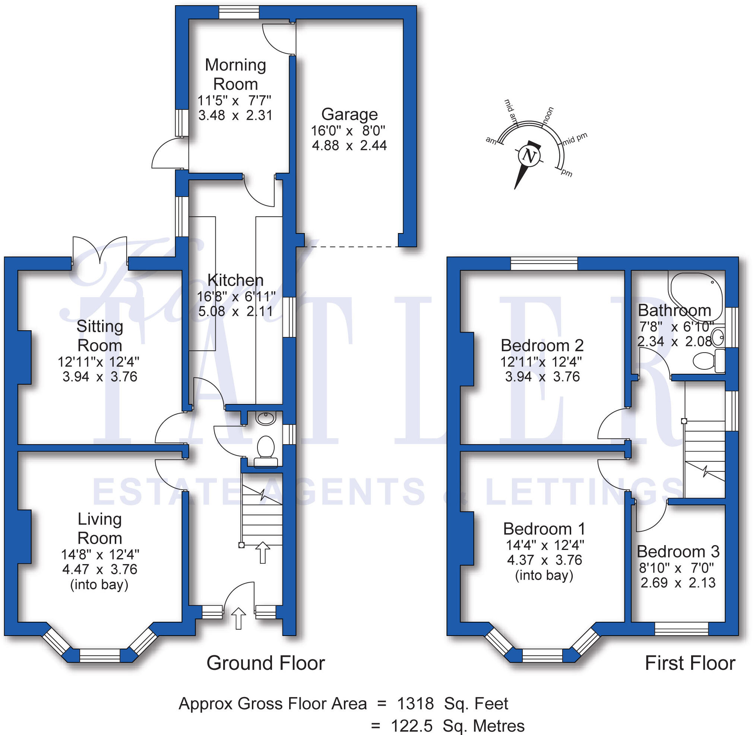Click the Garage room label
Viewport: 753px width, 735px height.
[349, 114]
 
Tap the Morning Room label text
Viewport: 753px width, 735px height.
[235, 74]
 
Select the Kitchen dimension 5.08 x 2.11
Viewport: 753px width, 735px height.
[235, 311]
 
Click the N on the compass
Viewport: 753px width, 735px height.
[529, 156]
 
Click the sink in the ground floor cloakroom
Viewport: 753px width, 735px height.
[266, 418]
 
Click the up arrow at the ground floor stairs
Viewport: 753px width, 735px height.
[262, 553]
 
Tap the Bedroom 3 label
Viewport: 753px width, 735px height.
[678, 551]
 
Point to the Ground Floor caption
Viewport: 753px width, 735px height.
[265, 663]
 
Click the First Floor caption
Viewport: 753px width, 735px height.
[690, 663]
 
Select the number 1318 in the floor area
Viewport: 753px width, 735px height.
[415, 704]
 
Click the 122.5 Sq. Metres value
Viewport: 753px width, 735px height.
[458, 726]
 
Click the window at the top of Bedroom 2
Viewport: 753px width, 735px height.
[544, 264]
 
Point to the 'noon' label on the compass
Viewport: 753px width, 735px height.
[548, 115]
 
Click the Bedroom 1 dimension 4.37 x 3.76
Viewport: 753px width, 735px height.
[544, 560]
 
